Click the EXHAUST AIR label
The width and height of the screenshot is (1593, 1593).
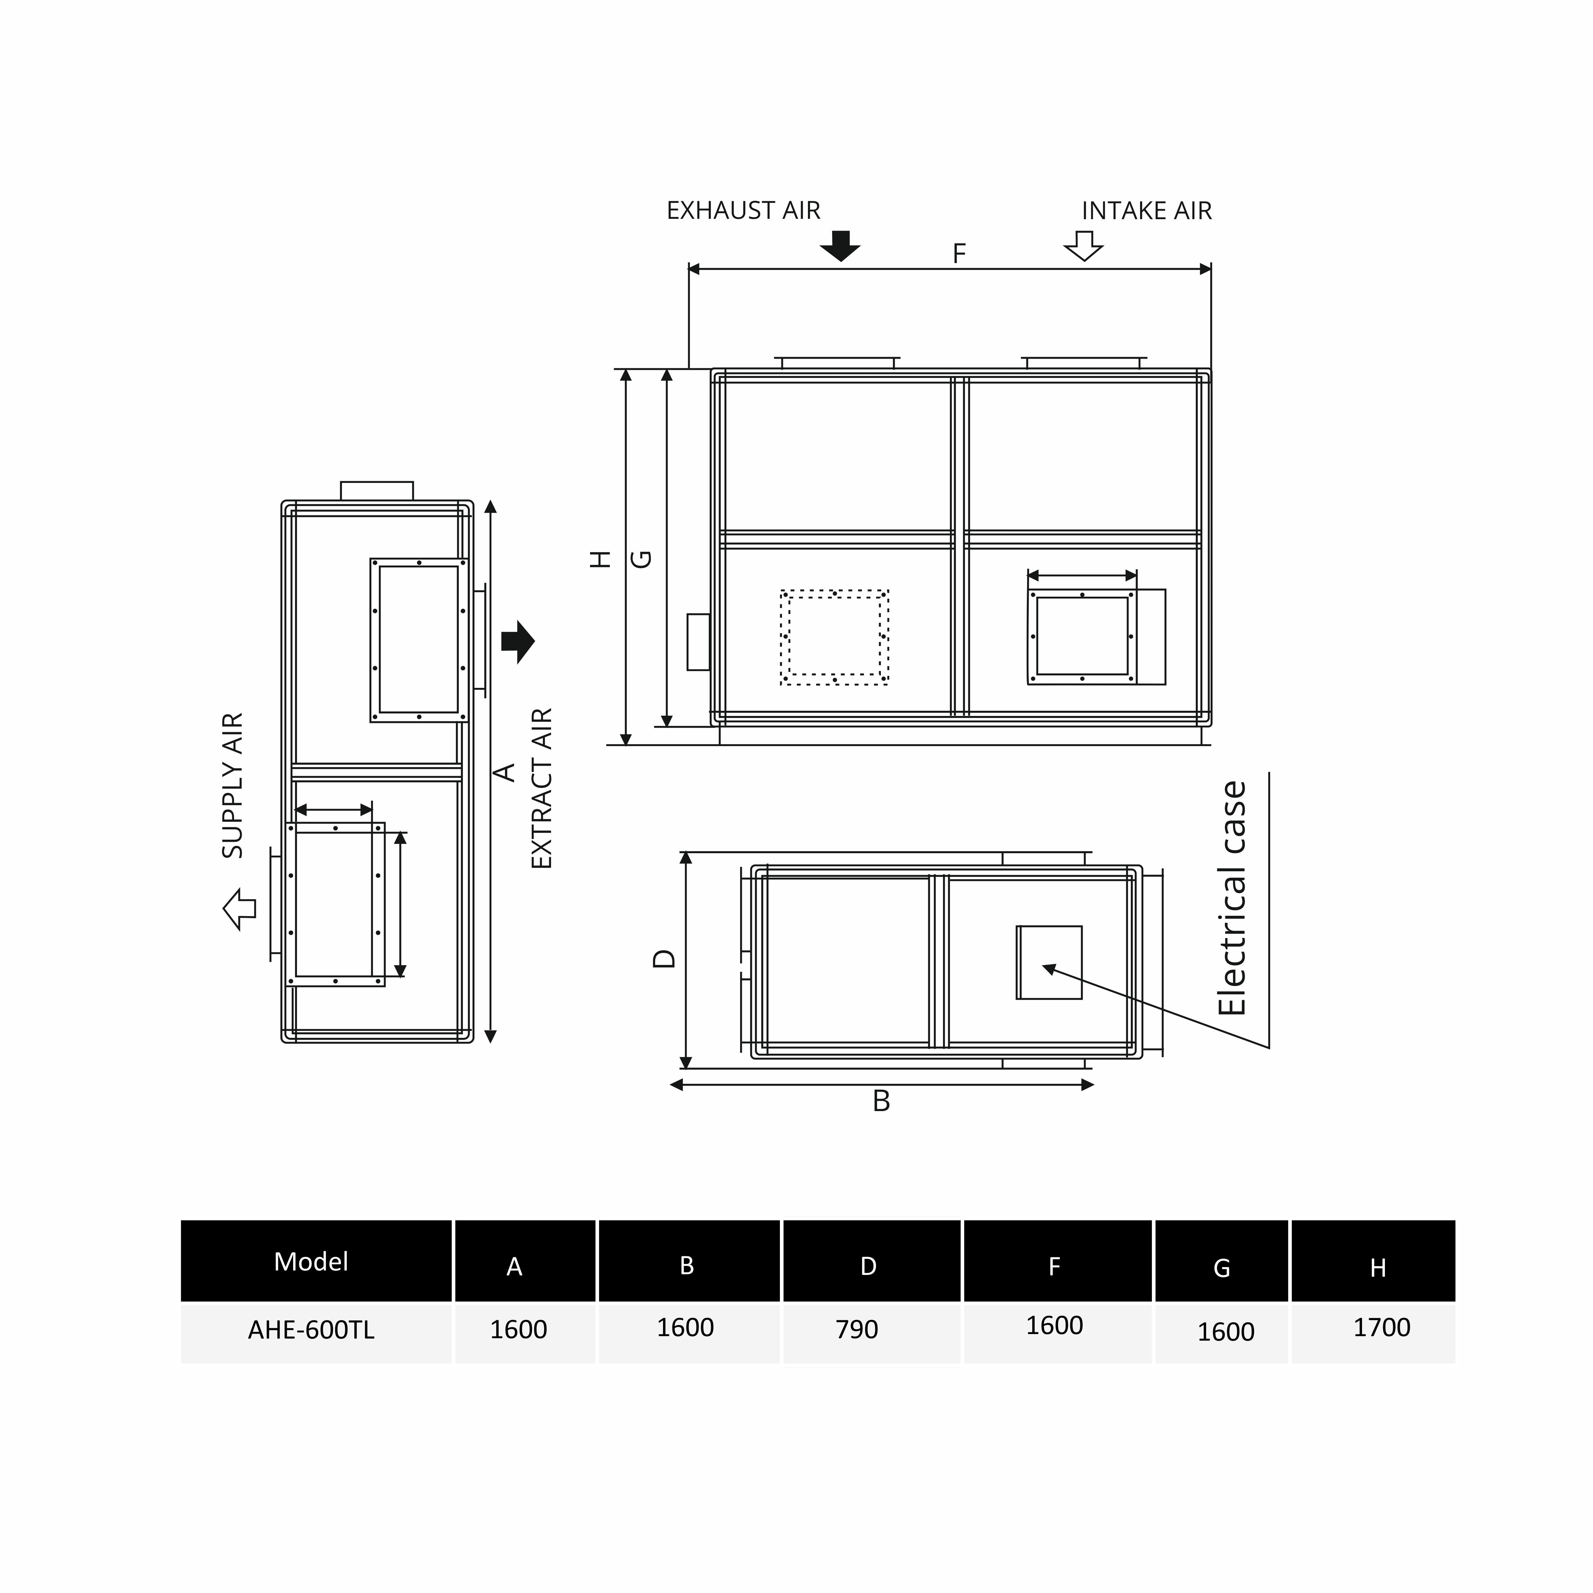743,211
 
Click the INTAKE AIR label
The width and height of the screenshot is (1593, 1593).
1146,211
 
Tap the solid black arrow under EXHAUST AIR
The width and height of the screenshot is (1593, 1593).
840,246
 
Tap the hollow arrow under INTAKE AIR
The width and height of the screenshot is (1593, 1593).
1083,246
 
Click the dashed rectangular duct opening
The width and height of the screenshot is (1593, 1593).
835,637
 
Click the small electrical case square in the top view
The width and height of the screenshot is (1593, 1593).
1049,962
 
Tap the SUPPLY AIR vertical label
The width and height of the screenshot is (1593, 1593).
233,786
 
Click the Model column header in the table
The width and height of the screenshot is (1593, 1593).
311,1261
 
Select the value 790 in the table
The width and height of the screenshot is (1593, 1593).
857,1329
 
